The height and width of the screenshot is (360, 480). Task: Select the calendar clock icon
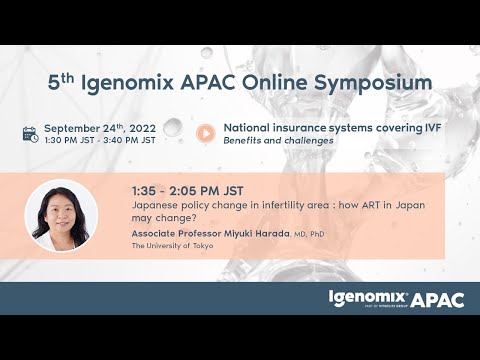point(30,133)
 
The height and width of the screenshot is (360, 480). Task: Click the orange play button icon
point(205,133)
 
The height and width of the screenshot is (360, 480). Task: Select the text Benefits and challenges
point(278,140)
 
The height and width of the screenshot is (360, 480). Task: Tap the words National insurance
point(269,127)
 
